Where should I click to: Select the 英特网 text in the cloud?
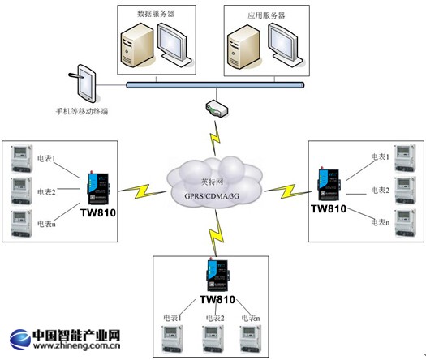214,181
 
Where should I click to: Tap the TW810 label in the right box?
328,209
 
